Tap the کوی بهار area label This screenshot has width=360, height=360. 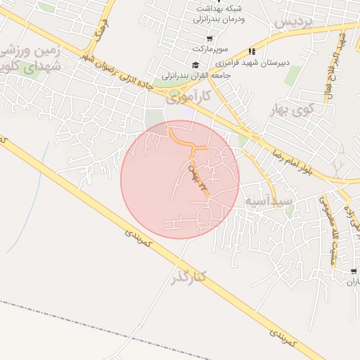(292, 110)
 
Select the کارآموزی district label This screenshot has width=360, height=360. (188, 97)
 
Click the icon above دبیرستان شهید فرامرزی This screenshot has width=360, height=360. (252, 51)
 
